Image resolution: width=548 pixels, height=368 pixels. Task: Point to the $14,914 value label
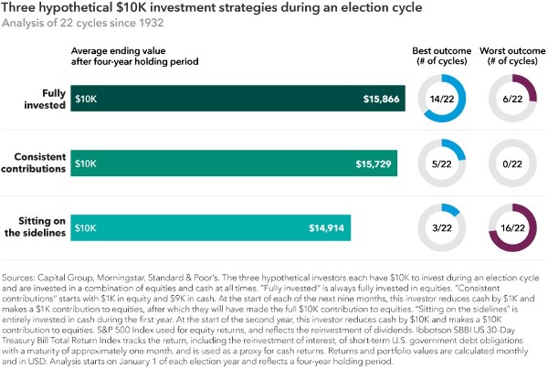point(325,227)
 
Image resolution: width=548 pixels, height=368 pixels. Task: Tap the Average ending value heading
point(136,54)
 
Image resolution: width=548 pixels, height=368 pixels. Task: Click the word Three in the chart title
point(19,9)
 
